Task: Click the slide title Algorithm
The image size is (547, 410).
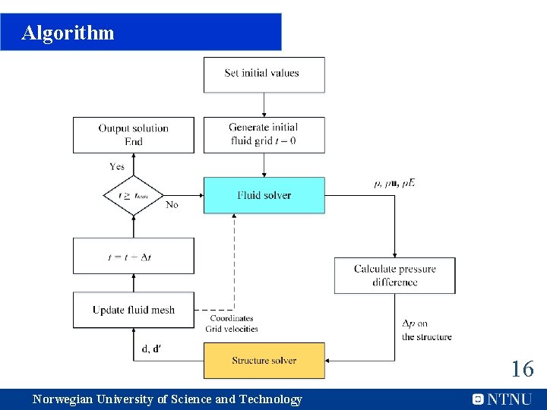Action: pos(68,33)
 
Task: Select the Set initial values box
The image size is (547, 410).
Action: pos(264,74)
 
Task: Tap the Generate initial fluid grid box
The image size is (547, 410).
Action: pos(264,134)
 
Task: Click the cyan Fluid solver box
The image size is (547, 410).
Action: pos(264,195)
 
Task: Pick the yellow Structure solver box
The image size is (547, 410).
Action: pos(264,360)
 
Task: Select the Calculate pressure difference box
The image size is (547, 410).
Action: pos(394,276)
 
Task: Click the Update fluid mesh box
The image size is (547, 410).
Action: pos(134,310)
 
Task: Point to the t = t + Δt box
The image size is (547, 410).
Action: pos(134,257)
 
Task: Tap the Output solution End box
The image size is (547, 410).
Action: pos(134,134)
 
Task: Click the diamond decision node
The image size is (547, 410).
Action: pos(134,195)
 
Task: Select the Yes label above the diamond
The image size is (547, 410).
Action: pos(117,166)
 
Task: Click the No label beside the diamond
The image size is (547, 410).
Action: pos(172,205)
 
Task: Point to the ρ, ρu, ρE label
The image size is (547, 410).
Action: pos(395,183)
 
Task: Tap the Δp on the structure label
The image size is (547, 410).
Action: pos(426,330)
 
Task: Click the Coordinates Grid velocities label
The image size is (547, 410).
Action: pos(232,324)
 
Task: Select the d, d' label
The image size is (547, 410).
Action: pos(151,349)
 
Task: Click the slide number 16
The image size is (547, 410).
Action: pos(522,370)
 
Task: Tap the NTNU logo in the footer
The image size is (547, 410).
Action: pos(502,399)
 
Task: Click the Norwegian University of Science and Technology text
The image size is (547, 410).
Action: pos(167,399)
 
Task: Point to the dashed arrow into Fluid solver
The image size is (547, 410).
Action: pos(234,258)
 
